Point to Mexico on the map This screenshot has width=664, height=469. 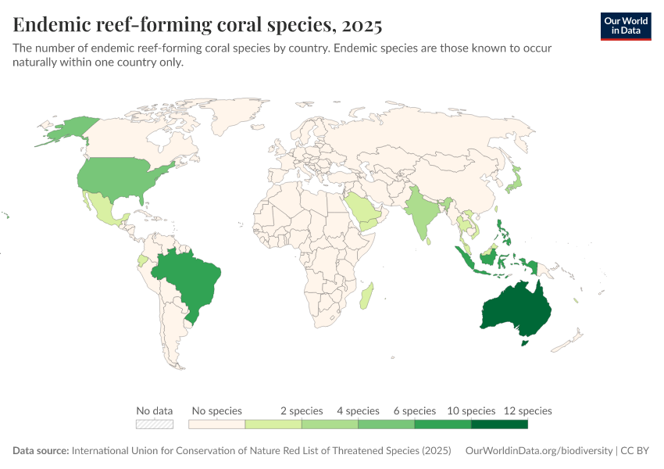pyautogui.click(x=103, y=207)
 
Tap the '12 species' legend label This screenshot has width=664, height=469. pyautogui.click(x=527, y=411)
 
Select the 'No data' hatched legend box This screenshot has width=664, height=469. pyautogui.click(x=154, y=424)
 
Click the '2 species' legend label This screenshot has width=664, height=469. pyautogui.click(x=301, y=411)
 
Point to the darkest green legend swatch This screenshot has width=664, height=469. pyautogui.click(x=499, y=424)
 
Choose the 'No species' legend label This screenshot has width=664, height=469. pyautogui.click(x=217, y=411)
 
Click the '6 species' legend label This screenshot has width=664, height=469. pyautogui.click(x=414, y=411)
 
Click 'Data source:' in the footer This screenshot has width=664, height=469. pyautogui.click(x=41, y=451)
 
